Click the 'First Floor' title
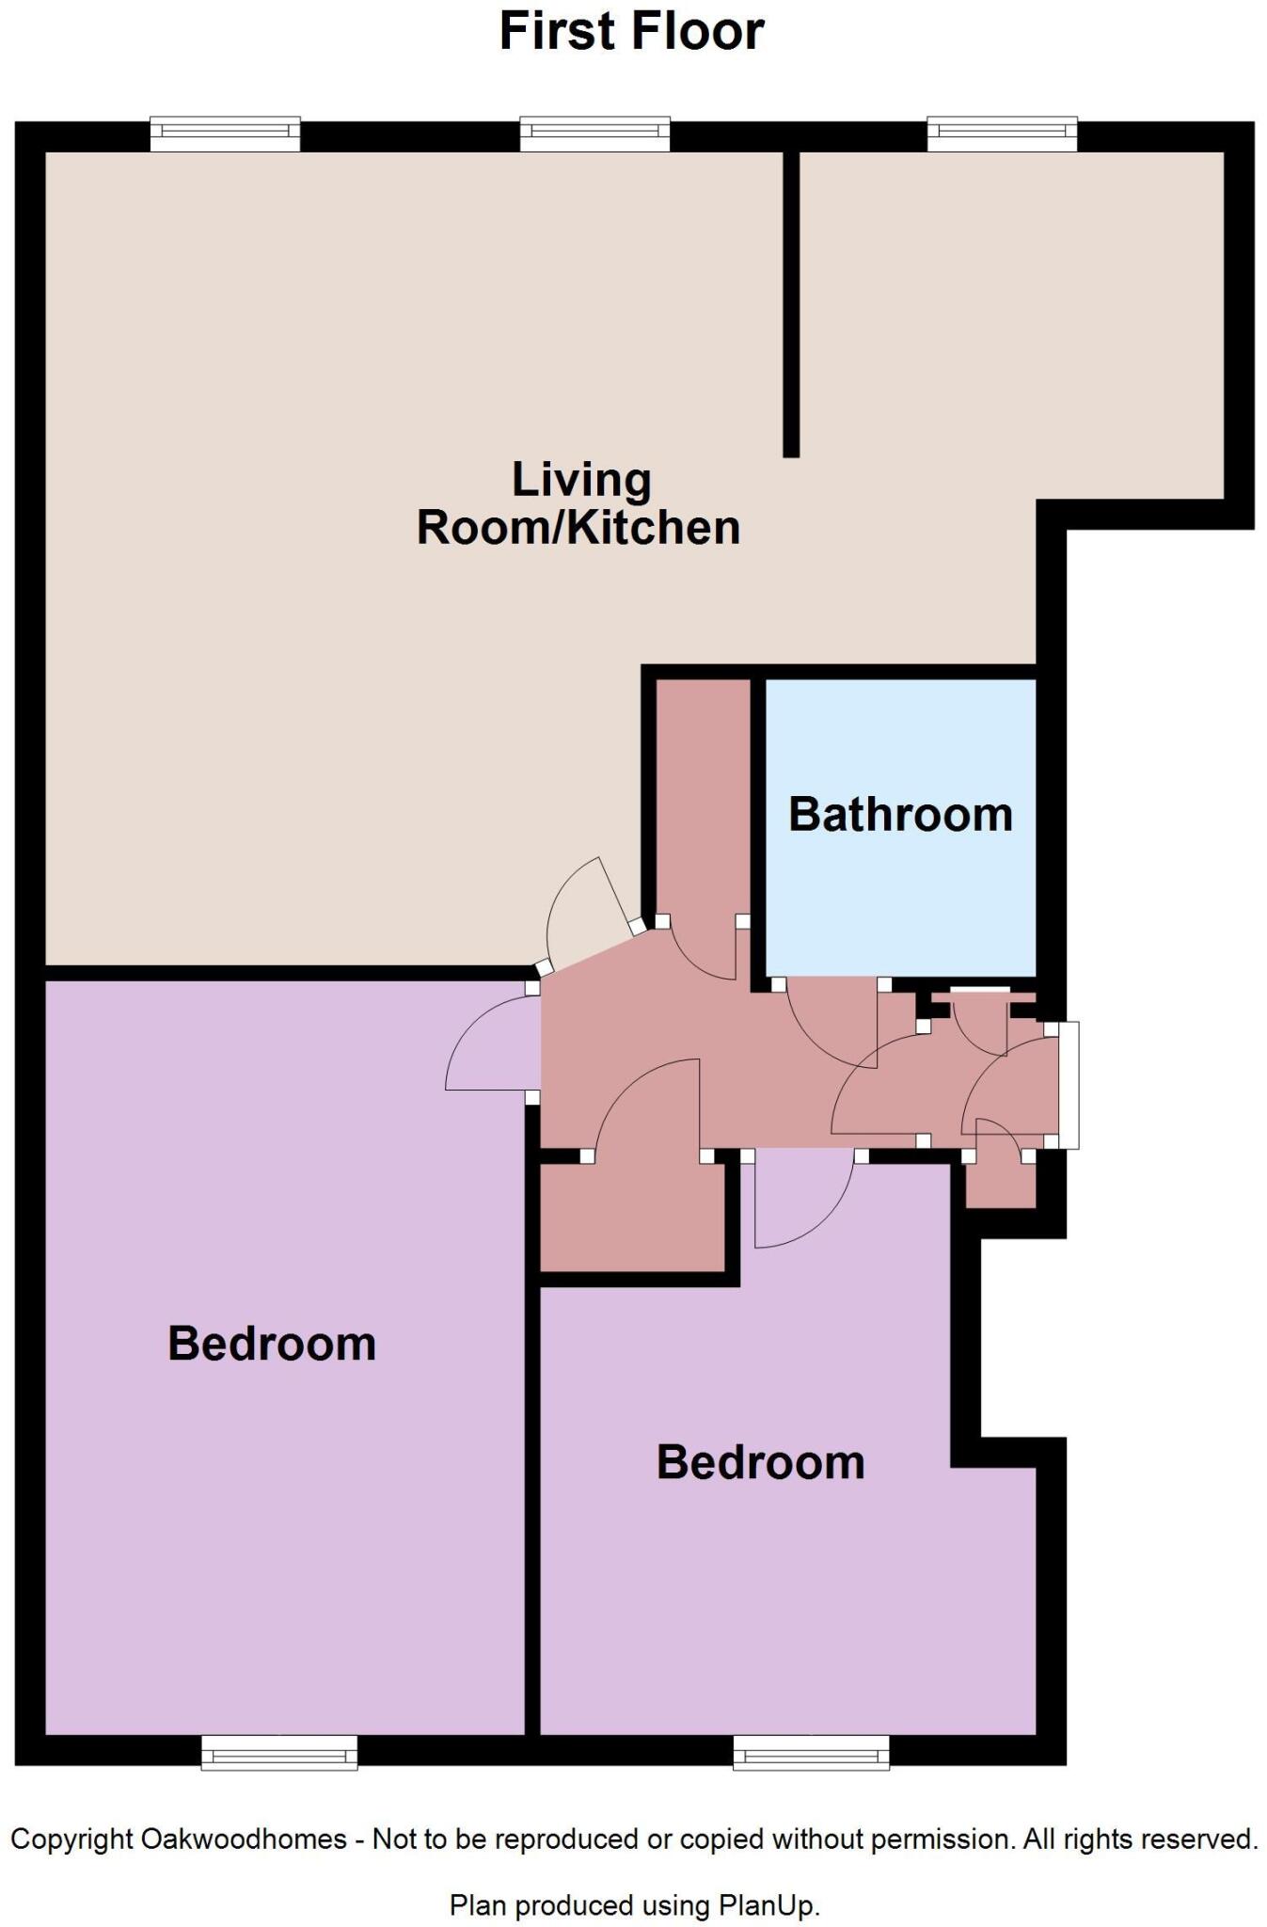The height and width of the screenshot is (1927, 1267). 631,31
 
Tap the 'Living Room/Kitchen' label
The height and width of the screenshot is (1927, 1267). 578,503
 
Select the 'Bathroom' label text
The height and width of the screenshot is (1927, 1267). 900,814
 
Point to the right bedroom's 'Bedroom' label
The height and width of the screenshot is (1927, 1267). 760,1462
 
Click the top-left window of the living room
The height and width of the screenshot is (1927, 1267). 225,134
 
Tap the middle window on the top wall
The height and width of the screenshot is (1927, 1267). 594,134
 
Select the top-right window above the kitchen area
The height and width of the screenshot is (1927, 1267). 1002,134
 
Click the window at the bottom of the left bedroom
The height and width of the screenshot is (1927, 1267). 279,1752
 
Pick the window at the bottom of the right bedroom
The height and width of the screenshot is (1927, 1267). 811,1752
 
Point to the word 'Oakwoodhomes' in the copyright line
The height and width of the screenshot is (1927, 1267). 244,1839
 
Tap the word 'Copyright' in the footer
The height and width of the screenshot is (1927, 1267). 71,1839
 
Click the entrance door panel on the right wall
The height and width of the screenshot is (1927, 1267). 1069,1085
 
